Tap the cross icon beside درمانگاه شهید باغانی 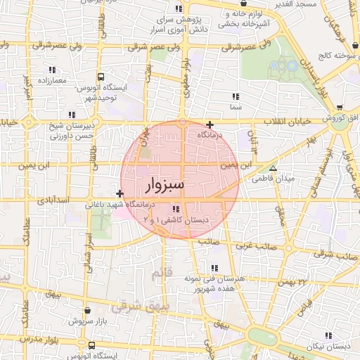(x=120, y=193)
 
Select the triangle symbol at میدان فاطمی (x=273, y=168)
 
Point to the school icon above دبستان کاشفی (x=175, y=209)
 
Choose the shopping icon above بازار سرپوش (x=86, y=309)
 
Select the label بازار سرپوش (x=86, y=321)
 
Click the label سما (x=235, y=107)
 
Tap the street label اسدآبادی (x=53, y=200)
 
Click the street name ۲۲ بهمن (x=293, y=282)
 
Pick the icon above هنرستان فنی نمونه (x=214, y=268)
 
